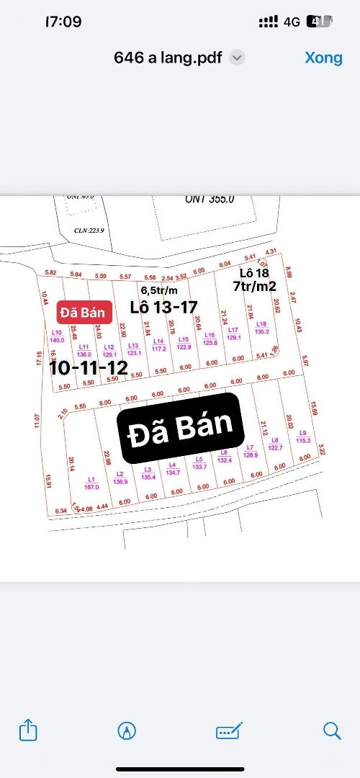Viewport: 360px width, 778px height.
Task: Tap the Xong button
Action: (323, 58)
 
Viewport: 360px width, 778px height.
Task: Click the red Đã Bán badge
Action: (84, 313)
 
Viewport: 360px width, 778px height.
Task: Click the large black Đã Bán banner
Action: (182, 428)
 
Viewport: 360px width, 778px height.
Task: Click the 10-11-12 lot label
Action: (89, 368)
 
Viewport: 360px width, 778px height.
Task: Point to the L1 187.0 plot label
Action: (91, 483)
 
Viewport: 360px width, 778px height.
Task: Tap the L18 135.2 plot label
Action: (261, 328)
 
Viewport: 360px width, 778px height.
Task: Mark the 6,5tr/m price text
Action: (160, 290)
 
